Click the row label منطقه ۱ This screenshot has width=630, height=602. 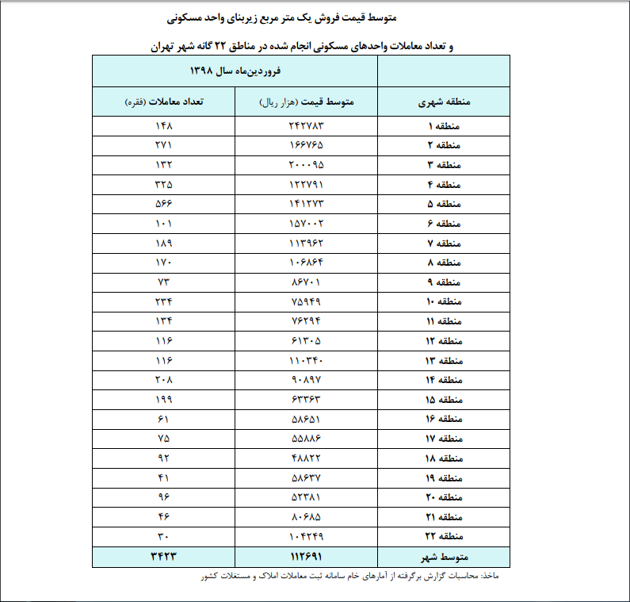(x=443, y=127)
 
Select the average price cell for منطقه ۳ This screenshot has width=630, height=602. (x=307, y=165)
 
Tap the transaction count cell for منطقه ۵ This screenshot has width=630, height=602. (x=164, y=203)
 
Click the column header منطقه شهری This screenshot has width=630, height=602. (x=443, y=102)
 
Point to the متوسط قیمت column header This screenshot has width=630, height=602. (x=307, y=102)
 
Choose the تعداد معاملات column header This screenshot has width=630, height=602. (x=164, y=102)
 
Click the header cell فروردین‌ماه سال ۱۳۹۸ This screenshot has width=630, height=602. (x=235, y=71)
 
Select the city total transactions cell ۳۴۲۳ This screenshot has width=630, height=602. (x=164, y=557)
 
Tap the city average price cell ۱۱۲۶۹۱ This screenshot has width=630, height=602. (x=307, y=557)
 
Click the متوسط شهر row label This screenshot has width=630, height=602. (x=443, y=557)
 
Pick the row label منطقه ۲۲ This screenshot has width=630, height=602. (x=443, y=537)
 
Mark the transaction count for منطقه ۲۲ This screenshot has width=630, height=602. (x=164, y=537)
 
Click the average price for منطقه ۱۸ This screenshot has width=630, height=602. (x=307, y=458)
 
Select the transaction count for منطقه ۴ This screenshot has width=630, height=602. (x=164, y=184)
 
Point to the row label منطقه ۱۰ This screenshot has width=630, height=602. (x=443, y=302)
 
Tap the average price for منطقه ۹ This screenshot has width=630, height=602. (x=307, y=282)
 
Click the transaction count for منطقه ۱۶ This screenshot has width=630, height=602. (x=164, y=419)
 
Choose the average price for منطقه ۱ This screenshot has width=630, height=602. (x=307, y=127)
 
